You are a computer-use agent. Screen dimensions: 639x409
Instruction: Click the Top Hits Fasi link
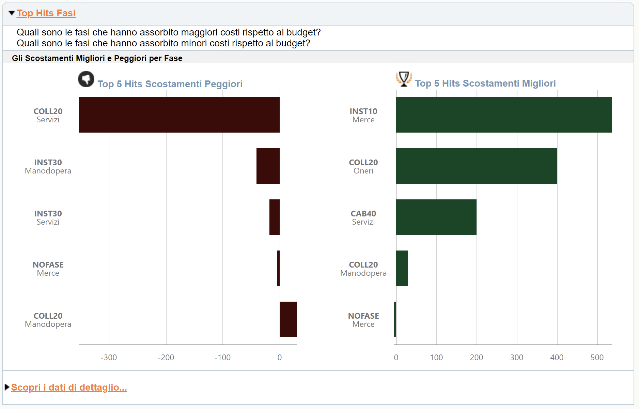46,13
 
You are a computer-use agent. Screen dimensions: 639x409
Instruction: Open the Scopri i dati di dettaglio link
69,388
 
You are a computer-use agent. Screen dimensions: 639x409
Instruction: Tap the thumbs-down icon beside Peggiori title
86,79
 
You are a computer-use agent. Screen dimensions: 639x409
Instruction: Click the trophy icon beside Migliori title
404,79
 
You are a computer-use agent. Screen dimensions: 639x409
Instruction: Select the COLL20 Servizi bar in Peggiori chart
179,115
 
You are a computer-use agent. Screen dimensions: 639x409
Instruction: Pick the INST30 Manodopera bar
268,166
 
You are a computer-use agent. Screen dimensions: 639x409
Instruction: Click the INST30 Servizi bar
275,217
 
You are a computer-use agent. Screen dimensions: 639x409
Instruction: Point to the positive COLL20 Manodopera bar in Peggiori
288,319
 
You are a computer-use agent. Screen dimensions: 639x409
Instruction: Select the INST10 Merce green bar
504,115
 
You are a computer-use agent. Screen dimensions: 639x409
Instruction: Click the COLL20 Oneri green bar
477,166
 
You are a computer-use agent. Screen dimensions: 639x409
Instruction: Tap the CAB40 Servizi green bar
436,217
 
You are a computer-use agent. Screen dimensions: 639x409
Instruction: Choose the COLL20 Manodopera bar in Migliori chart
402,268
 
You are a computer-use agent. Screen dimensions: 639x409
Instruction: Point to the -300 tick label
109,358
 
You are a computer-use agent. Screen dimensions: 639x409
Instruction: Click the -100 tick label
222,358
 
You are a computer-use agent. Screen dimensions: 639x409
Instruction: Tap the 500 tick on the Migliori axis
597,358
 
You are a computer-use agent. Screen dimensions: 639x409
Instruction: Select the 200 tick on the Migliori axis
477,358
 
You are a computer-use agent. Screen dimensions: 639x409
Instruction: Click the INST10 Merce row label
363,116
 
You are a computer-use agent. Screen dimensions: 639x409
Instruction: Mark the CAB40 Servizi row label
363,218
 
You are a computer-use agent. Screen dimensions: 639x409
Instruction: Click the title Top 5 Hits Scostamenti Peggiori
170,84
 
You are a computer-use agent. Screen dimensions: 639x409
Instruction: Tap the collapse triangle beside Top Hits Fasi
12,13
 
